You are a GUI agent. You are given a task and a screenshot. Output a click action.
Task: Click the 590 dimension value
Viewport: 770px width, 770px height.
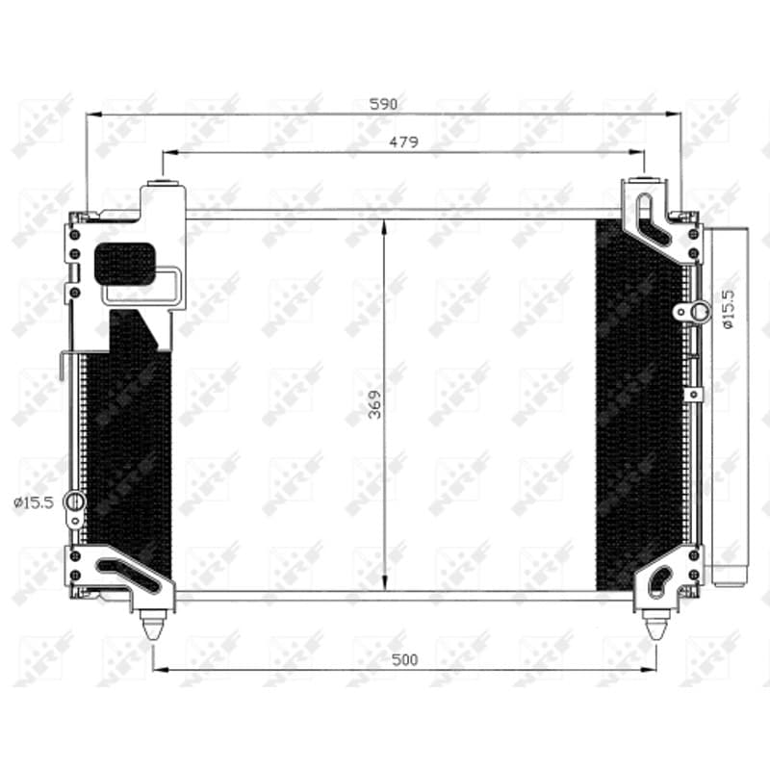(383, 104)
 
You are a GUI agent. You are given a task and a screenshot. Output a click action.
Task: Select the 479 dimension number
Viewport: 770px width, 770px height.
(403, 141)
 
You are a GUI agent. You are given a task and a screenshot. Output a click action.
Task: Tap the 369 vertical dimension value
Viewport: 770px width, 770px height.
(374, 404)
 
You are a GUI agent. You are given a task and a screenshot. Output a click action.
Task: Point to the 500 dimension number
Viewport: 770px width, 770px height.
(404, 659)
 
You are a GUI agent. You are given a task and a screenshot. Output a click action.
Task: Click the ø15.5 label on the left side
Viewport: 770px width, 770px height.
(34, 502)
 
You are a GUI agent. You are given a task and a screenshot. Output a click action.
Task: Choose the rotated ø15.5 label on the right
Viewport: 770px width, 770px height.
(728, 309)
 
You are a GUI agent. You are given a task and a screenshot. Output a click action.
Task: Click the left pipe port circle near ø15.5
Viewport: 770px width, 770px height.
(75, 501)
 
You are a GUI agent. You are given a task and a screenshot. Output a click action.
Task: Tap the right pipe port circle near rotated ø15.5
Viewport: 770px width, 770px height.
(700, 311)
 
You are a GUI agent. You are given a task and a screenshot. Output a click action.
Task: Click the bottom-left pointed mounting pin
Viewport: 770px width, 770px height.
(152, 626)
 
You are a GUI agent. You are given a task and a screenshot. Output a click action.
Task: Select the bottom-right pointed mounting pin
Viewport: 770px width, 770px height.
(654, 626)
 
